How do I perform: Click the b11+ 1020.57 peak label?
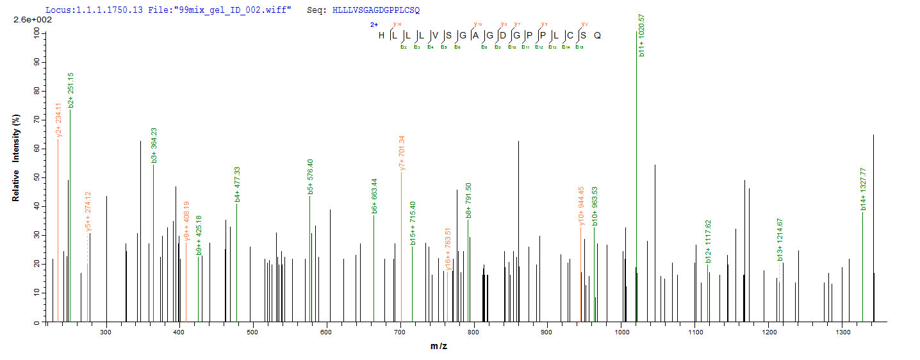coord(641,35)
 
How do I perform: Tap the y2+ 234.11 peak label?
coord(59,120)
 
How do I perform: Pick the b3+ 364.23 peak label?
coord(154,145)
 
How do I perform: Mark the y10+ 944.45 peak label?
coord(582,206)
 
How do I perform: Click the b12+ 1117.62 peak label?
coord(709,241)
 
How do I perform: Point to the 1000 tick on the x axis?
coord(621,332)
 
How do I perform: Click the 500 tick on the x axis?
coord(252,332)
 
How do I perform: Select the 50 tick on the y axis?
coord(37,177)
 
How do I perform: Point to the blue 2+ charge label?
coord(374,24)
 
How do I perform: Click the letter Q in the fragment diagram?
coord(597,35)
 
